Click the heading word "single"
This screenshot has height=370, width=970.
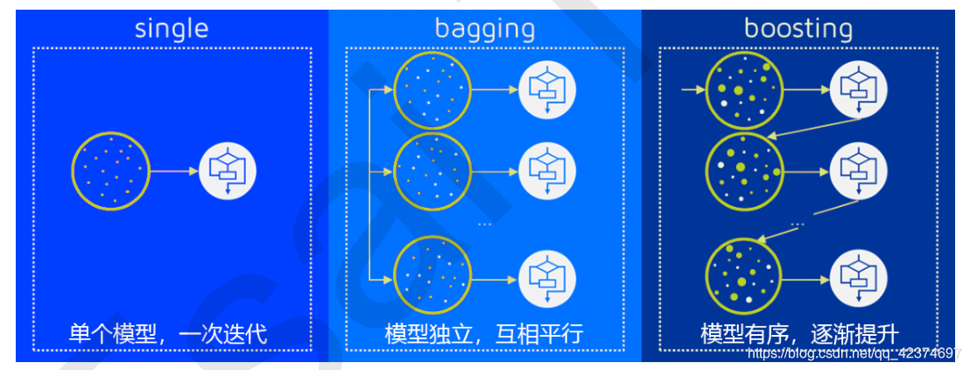pos(172,28)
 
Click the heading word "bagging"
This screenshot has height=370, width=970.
pos(484,28)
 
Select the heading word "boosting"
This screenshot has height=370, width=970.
pos(798,28)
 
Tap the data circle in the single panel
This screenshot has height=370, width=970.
pos(111,171)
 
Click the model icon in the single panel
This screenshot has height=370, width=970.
pos(227,171)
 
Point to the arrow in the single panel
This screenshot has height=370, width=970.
pos(174,171)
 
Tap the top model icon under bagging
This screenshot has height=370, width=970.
pos(546,89)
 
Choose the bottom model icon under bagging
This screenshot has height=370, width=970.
pos(546,276)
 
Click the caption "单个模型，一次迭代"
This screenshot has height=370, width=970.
pos(168,334)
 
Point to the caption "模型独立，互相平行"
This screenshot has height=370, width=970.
pos(484,334)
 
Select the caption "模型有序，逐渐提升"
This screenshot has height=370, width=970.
pos(799,334)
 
